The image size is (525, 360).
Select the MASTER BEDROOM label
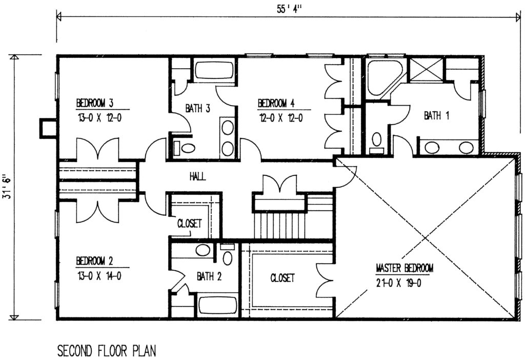tap(405, 268)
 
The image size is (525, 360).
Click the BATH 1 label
tap(436, 116)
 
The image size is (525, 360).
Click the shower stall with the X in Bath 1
tap(426, 70)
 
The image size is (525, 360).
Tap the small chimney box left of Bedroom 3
tap(48, 127)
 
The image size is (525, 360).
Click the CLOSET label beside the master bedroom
tap(282, 278)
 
